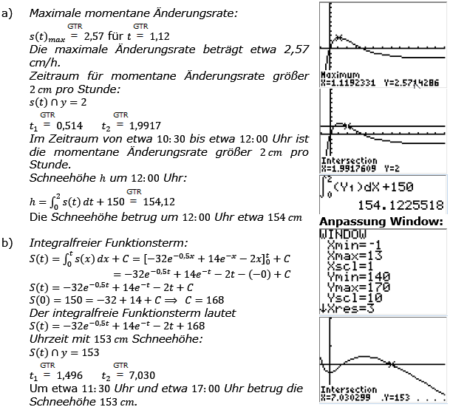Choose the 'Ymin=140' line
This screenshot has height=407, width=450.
coord(347,278)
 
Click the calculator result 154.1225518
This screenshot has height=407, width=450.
coord(395,204)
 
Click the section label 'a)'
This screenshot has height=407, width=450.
coord(9,13)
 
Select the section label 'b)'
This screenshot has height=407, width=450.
coord(9,242)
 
